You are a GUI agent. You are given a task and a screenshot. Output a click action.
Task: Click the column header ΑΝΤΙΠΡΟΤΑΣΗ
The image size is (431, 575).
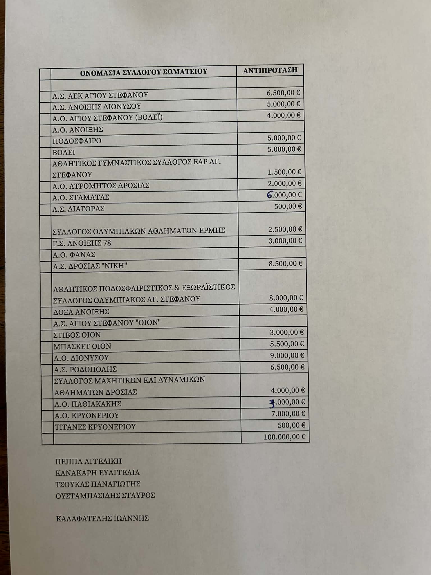coord(270,70)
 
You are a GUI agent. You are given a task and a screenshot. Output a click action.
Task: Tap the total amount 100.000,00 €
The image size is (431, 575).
coord(284,437)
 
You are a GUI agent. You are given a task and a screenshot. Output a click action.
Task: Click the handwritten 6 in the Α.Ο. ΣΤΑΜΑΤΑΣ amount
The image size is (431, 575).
coord(270,195)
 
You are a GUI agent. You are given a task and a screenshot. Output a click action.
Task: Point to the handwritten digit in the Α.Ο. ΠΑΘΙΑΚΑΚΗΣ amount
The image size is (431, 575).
coord(272,403)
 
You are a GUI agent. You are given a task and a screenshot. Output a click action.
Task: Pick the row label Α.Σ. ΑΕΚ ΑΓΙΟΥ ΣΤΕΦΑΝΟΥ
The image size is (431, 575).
coord(100,95)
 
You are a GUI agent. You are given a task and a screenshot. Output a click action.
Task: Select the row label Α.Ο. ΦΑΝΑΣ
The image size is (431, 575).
coord(74,255)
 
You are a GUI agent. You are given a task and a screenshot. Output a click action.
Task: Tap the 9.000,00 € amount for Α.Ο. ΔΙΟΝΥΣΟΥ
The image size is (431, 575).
coord(287,355)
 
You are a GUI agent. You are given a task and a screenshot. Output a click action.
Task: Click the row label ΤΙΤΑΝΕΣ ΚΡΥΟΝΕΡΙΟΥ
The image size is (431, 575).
coord(95,427)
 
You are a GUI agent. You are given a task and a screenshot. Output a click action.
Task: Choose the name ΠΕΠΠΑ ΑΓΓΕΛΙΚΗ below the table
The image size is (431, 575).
coord(89,461)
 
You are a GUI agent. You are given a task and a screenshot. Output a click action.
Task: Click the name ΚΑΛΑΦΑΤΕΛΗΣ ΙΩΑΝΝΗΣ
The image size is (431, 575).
coord(102,518)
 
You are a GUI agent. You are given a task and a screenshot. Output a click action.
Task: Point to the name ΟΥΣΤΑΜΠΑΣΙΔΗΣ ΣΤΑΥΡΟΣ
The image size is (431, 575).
coord(105,495)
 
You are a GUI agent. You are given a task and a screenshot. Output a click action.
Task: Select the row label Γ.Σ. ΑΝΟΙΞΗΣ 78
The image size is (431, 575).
coord(82,243)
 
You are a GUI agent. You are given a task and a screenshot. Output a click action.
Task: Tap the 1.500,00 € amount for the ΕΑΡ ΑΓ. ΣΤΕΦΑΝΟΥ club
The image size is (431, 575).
coord(284,172)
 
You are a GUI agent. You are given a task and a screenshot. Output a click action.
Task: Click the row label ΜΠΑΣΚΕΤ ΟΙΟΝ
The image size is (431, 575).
coord(82,346)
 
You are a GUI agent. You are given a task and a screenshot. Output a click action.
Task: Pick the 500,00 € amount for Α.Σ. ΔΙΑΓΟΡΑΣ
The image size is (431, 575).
coord(288,206)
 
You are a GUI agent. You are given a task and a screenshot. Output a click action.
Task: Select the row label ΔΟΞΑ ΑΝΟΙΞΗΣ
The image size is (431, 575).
coord(81,312)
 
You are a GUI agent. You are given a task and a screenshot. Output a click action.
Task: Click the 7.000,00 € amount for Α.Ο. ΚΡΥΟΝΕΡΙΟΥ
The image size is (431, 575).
coord(288,414)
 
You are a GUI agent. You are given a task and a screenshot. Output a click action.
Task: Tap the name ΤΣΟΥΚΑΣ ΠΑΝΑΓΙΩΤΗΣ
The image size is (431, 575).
coord(98,484)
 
